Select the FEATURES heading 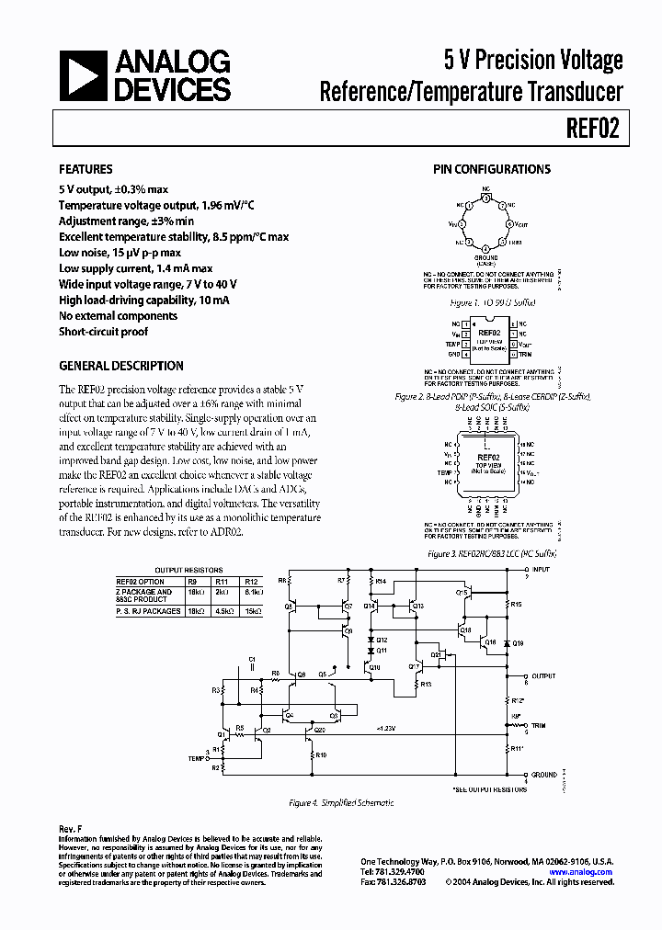coord(86,170)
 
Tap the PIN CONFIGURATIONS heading coord(492,169)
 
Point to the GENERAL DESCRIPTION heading coord(120,365)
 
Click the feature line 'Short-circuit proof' coord(103,332)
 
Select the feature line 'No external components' coord(118,316)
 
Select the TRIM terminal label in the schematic coord(538,726)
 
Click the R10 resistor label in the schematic coord(321,754)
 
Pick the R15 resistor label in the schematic coord(517,604)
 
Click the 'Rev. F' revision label coord(71,830)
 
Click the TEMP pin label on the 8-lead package coord(455,344)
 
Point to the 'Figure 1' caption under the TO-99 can coord(492,302)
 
